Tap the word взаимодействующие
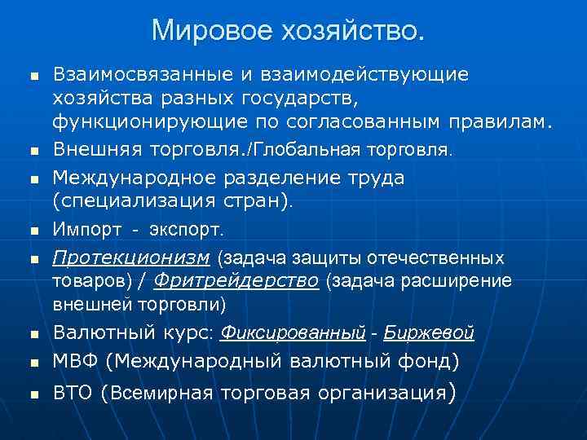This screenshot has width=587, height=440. (364, 75)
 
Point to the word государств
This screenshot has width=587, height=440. (302, 99)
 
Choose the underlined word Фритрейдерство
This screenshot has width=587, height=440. (237, 281)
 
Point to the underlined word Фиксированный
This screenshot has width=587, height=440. (293, 333)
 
